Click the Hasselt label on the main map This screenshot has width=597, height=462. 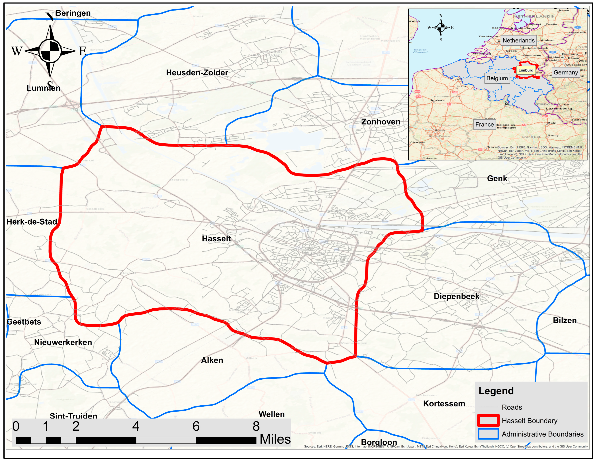click(x=216, y=239)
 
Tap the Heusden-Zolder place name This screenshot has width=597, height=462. click(x=197, y=73)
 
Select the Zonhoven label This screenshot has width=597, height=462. click(x=381, y=122)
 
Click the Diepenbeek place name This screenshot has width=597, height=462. click(x=456, y=296)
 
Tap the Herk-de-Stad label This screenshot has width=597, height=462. click(x=32, y=222)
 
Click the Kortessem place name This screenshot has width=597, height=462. click(x=444, y=404)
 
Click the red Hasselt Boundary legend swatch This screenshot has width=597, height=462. click(x=488, y=421)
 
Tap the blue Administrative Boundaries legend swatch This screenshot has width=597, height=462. click(x=488, y=434)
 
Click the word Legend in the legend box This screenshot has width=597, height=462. click(x=496, y=391)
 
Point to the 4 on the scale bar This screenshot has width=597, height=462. click(x=136, y=426)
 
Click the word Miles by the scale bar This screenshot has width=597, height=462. click(x=275, y=439)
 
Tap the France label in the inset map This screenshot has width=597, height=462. click(x=484, y=125)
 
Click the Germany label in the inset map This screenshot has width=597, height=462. click(x=566, y=72)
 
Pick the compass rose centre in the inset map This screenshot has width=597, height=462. click(x=441, y=27)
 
